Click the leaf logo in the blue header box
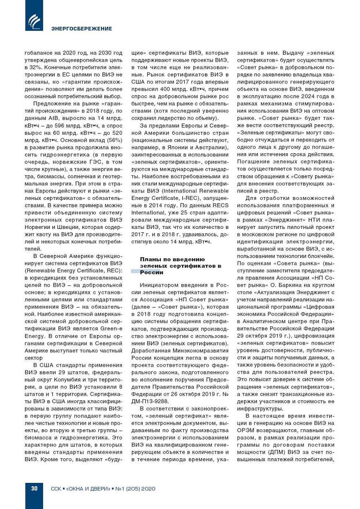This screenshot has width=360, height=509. (34, 21)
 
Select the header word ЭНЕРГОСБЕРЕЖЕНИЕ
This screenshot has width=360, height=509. (82, 29)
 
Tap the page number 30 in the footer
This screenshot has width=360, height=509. (34, 488)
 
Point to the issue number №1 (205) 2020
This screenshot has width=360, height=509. (135, 489)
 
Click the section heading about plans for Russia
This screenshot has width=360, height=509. (180, 266)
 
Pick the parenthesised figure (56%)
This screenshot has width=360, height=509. (114, 140)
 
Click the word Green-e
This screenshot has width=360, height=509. (111, 329)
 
